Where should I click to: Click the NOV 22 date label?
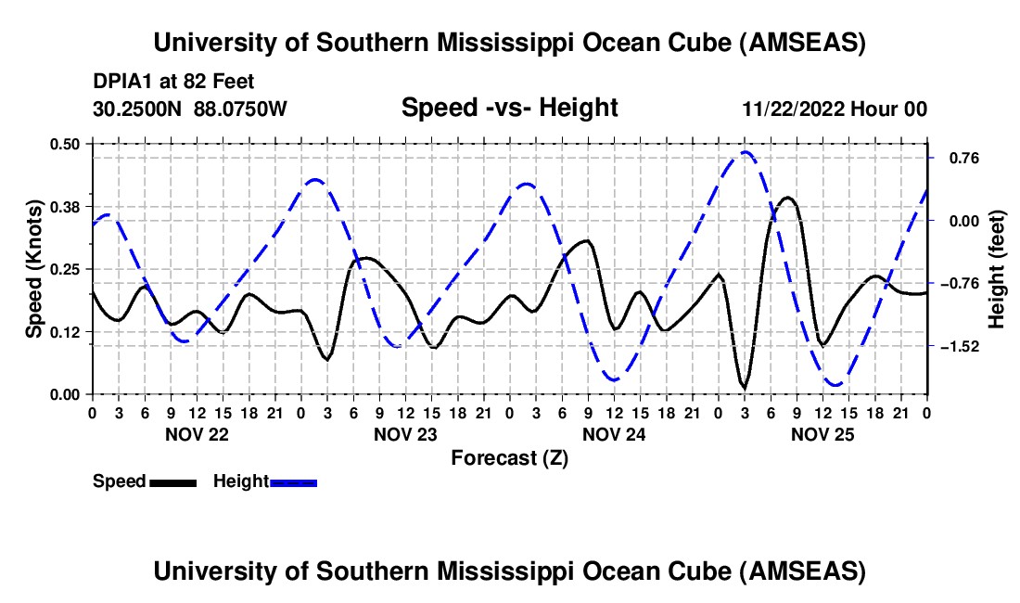(198, 433)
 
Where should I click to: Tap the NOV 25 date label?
(823, 433)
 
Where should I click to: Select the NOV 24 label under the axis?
(615, 433)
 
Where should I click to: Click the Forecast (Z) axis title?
(509, 457)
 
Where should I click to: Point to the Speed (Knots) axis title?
(33, 269)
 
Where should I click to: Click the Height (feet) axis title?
(997, 269)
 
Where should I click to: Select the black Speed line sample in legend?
(172, 481)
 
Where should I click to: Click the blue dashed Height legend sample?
(294, 481)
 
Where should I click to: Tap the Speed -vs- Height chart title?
(509, 108)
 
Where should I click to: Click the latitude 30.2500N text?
(138, 109)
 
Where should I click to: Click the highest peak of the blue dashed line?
(746, 152)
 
